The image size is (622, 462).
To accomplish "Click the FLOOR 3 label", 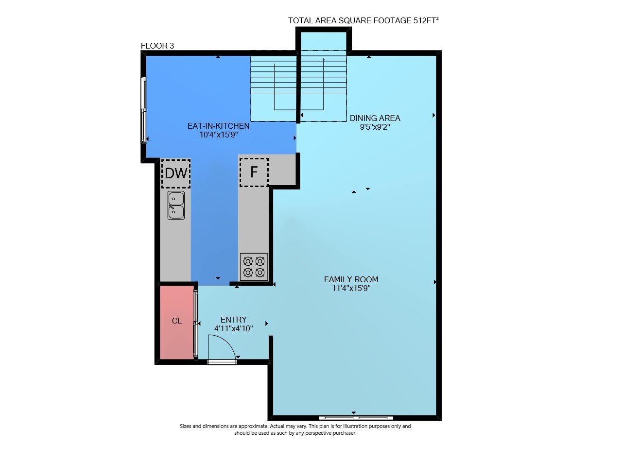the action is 157,46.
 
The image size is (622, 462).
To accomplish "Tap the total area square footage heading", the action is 363,20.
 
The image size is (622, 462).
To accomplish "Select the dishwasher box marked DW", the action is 176,173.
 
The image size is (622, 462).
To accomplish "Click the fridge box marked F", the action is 254,172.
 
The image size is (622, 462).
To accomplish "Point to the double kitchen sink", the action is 176,205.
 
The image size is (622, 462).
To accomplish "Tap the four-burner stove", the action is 254,267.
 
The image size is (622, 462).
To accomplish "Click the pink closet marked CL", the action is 177,322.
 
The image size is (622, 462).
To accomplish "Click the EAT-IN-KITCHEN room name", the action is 219,126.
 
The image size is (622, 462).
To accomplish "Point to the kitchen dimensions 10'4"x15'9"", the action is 219,135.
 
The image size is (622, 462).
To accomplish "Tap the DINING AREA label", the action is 375,118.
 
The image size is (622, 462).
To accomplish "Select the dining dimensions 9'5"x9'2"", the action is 375,127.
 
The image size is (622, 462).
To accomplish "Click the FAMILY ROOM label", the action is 351,279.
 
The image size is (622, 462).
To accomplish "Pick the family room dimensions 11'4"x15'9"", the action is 351,288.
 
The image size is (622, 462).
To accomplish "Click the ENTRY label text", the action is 234,320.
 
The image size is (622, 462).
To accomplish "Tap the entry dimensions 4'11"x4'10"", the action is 234,328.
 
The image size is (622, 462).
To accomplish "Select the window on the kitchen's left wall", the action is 143,110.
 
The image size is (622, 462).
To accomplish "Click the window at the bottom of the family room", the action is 356,418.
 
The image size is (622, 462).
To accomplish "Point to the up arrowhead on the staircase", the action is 323,59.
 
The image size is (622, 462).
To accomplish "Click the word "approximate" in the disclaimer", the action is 254,427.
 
